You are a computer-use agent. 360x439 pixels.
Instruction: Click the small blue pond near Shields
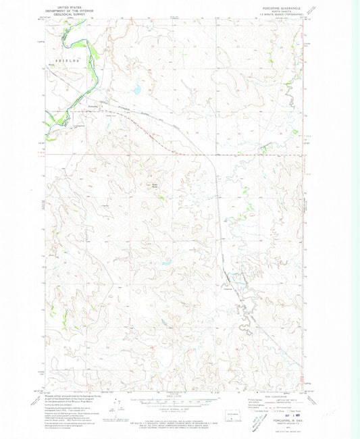pos(136,88)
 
